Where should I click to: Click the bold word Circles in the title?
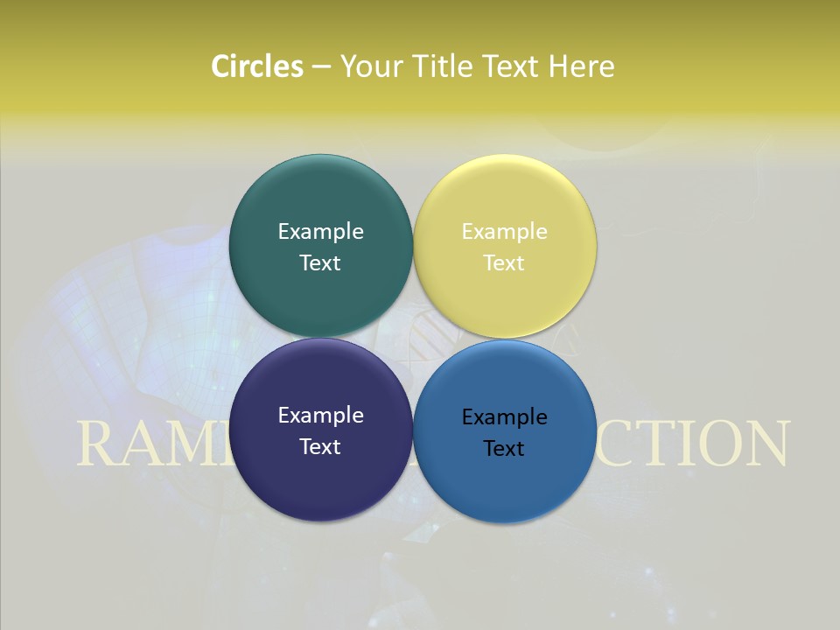pos(256,66)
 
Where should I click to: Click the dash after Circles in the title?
pos(320,66)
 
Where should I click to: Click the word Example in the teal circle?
pos(320,231)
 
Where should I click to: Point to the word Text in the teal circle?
pos(320,262)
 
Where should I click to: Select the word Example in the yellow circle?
pos(505,231)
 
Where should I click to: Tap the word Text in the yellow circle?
pos(505,262)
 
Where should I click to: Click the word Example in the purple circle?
pos(320,415)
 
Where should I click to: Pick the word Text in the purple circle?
pos(320,446)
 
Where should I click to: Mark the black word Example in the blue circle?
pos(505,416)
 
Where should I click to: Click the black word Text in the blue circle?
pos(505,448)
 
